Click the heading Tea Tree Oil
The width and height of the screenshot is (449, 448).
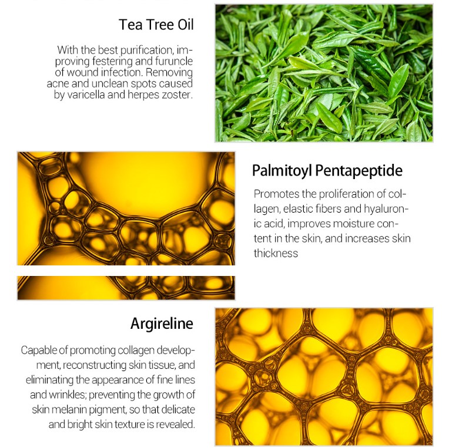(156, 24)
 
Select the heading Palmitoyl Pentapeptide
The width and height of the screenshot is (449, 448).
(327, 171)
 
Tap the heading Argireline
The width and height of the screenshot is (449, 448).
(162, 324)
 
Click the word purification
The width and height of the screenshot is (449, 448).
(146, 51)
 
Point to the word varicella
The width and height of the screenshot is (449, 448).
(86, 95)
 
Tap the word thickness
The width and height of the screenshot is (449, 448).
(276, 254)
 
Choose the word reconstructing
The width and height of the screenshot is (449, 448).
(94, 366)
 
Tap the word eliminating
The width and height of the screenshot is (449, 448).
(49, 380)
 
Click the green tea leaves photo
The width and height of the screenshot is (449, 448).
(324, 73)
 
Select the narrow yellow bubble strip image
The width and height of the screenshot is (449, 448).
(126, 288)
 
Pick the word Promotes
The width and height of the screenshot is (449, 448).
(276, 194)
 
